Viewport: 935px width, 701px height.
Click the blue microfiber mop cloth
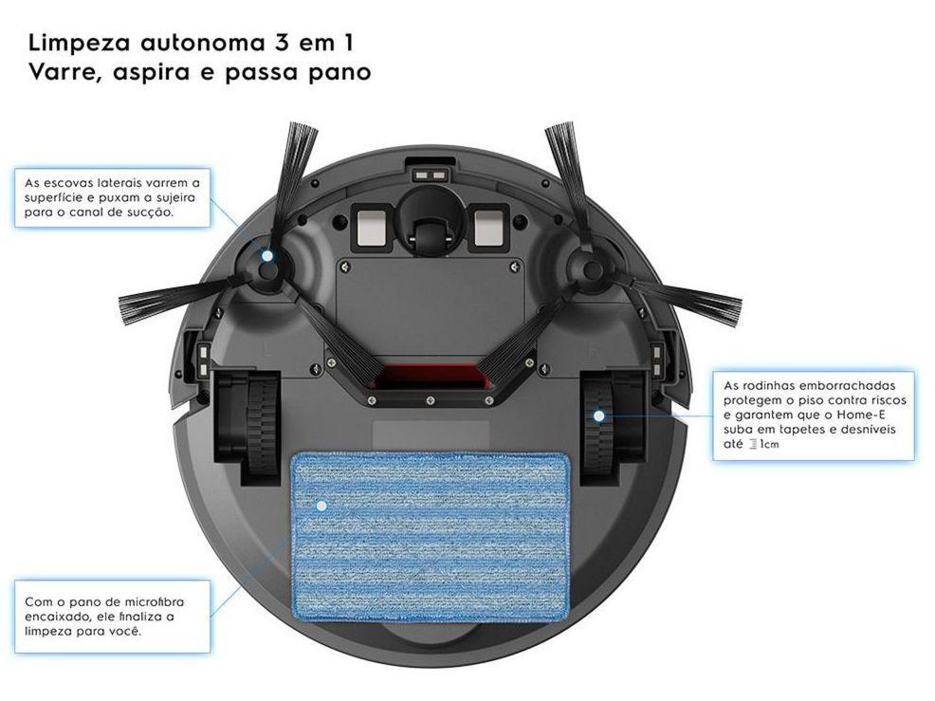coord(430,536)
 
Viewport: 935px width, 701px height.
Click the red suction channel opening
coord(431,377)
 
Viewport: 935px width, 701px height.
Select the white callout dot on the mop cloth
coord(322,506)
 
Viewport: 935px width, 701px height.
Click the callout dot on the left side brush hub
coord(267,256)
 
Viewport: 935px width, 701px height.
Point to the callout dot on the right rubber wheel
coord(598,415)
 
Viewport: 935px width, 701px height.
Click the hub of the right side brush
coord(592,268)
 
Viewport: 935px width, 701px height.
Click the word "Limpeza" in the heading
coord(80,44)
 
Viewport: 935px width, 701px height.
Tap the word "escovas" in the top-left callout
coord(69,183)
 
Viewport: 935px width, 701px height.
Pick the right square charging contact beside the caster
coord(490,228)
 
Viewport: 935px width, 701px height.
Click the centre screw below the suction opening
coord(430,399)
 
